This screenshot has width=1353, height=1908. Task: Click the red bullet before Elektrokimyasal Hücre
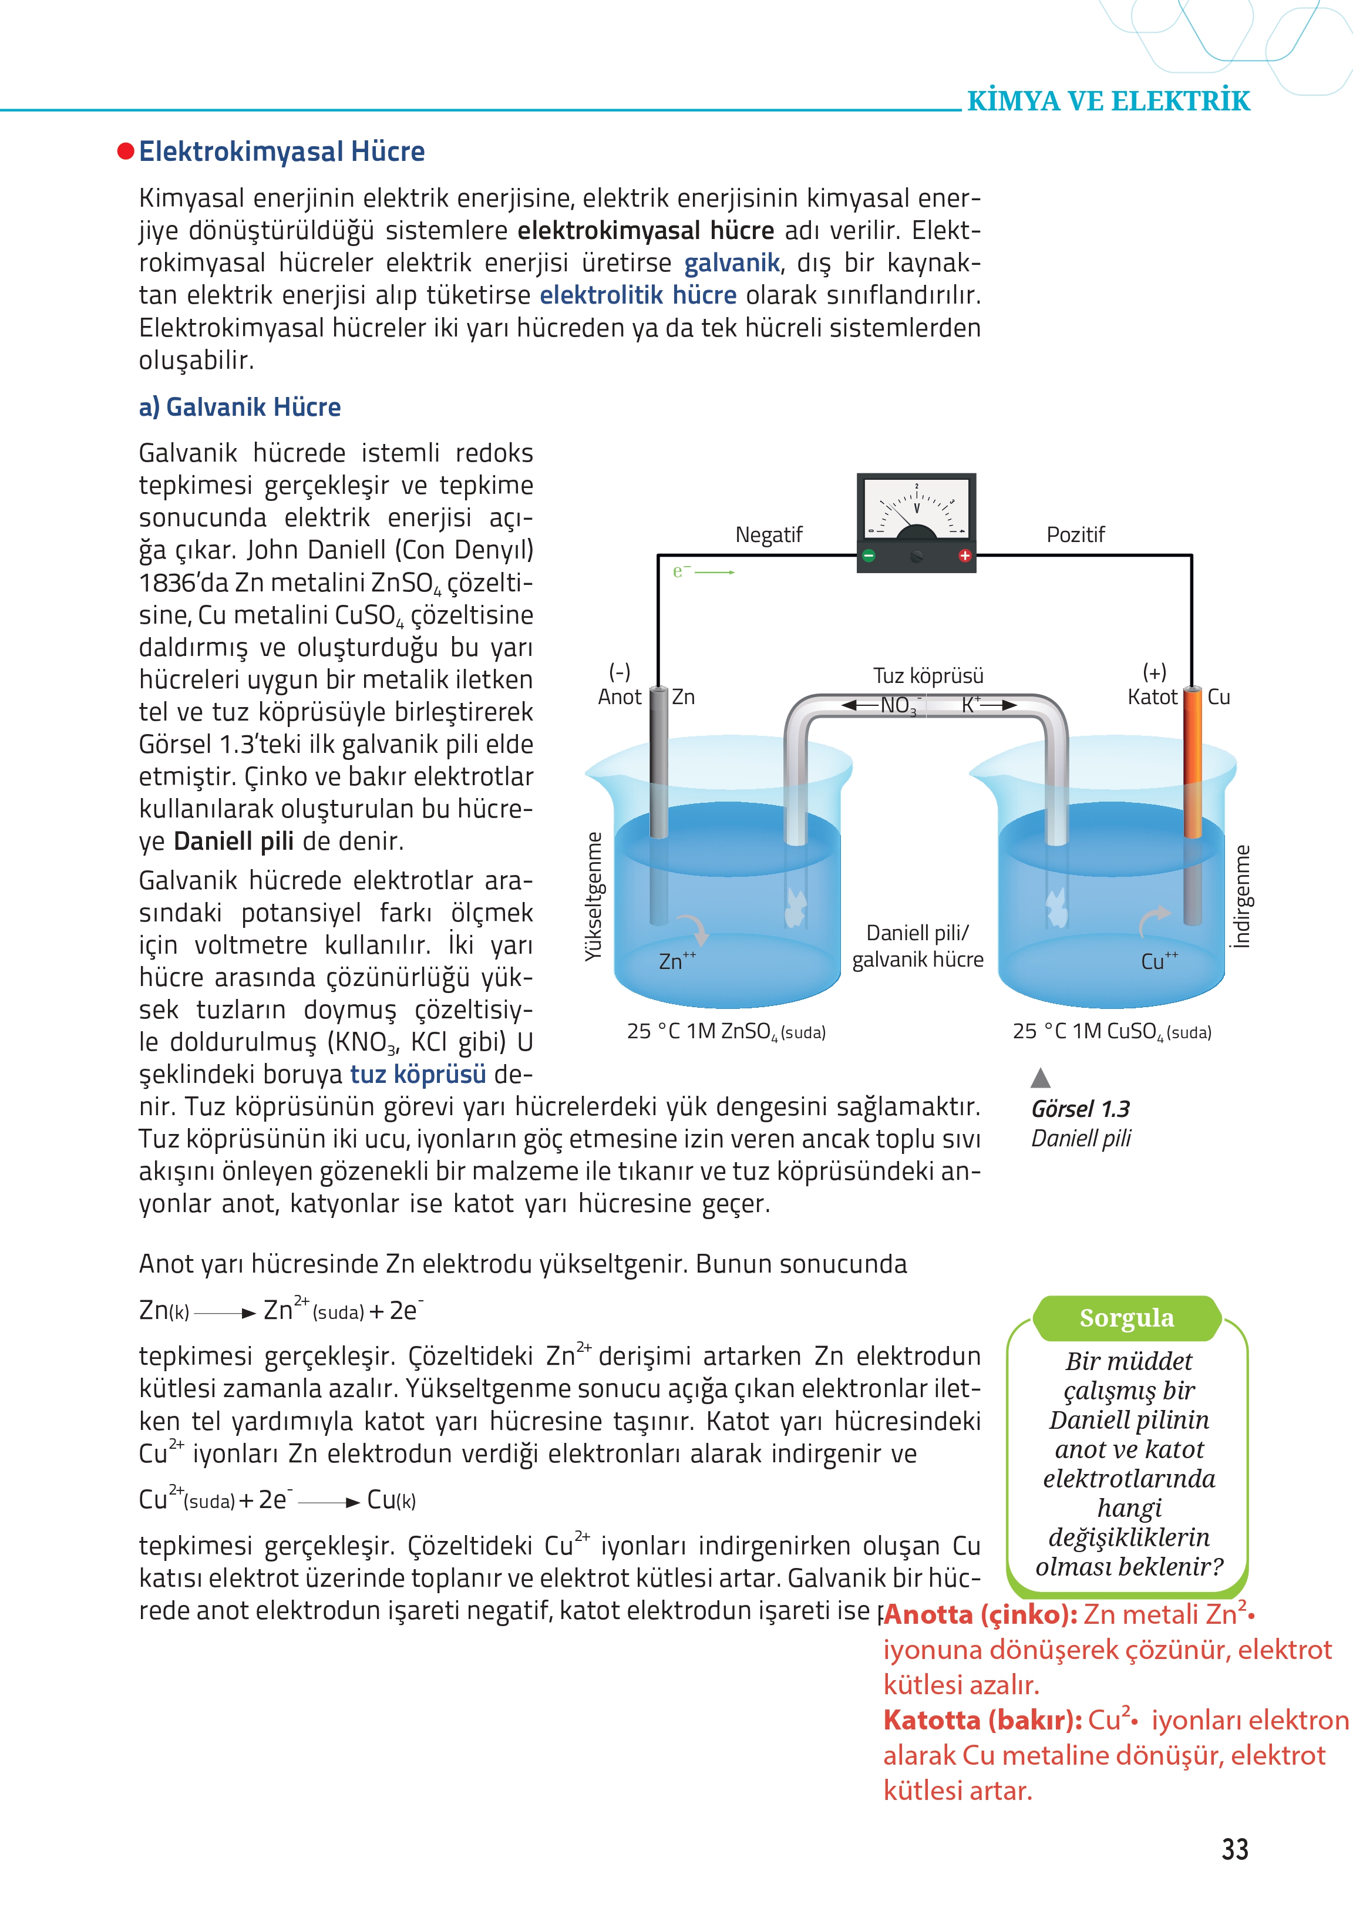[126, 151]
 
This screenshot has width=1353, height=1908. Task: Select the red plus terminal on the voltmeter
[965, 556]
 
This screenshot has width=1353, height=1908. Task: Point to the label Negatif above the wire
[768, 535]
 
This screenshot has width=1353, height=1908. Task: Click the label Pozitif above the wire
[1075, 535]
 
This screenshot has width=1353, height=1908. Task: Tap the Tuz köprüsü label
[927, 676]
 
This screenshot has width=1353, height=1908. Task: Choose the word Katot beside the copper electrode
[1152, 698]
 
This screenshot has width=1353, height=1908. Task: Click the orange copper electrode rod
[1192, 766]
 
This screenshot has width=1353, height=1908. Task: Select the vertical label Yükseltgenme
[593, 896]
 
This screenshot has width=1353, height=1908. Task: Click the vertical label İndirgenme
[1242, 896]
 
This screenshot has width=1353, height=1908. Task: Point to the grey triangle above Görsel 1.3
[1040, 1078]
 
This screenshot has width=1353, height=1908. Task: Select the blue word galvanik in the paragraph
[732, 263]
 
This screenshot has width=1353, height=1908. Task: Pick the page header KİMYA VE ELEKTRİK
[1108, 102]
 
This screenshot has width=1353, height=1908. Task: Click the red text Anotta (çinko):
[981, 1615]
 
